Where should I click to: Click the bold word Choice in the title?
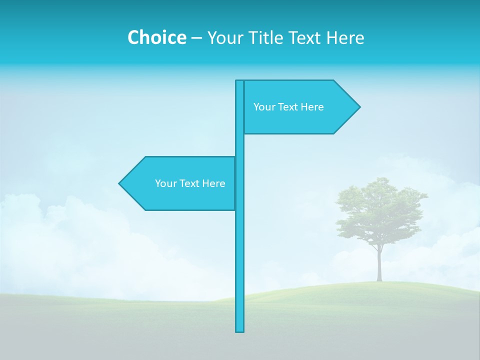click(156, 37)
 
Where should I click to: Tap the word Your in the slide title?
click(224, 37)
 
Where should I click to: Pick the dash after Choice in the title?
click(196, 38)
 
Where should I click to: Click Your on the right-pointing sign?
click(263, 107)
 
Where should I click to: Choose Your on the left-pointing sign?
click(165, 183)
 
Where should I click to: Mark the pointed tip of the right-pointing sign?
click(358, 106)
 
